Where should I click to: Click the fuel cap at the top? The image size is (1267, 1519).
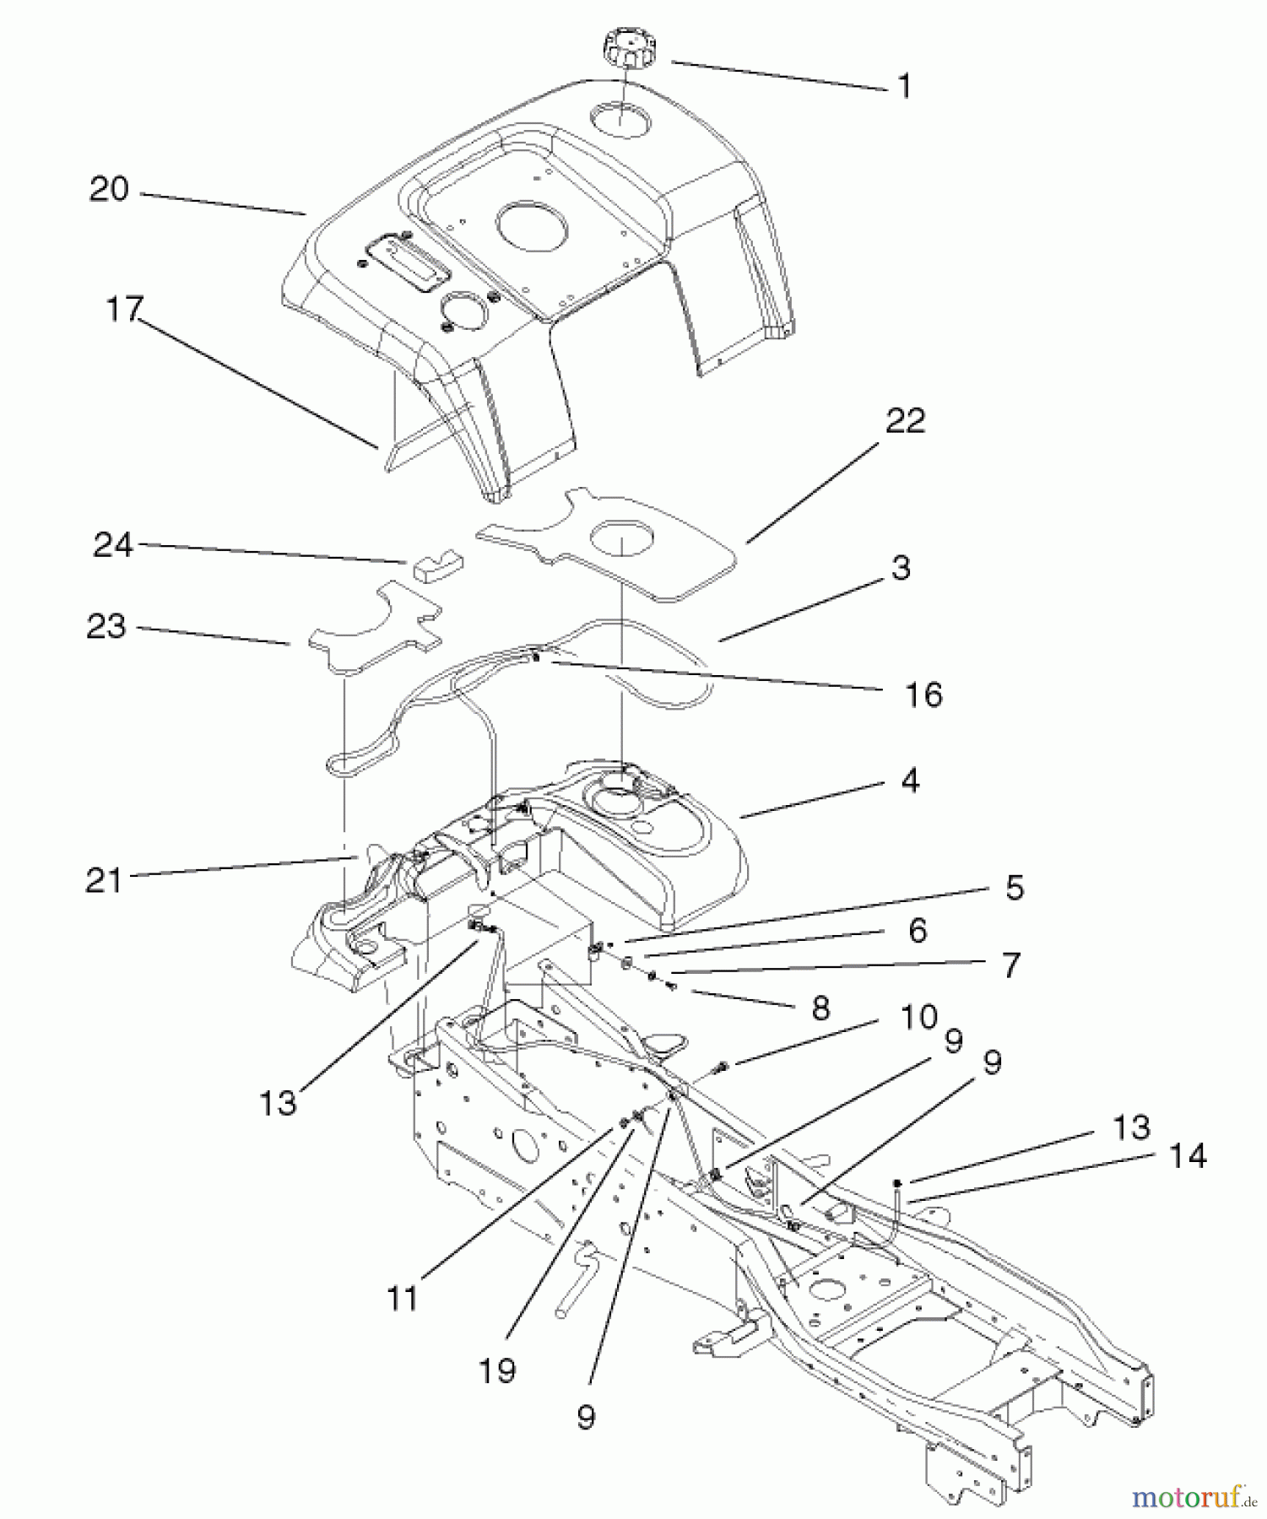[x=626, y=51]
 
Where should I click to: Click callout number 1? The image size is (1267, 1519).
[x=904, y=86]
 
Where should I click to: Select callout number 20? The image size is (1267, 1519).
[x=109, y=189]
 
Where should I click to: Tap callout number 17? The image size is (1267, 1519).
[x=125, y=309]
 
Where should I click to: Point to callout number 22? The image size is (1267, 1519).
[x=905, y=420]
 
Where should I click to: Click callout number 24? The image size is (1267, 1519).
[x=113, y=545]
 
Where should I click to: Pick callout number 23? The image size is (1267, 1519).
[x=106, y=626]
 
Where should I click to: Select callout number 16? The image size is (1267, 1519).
[x=923, y=695]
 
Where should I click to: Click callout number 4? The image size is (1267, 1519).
[x=910, y=781]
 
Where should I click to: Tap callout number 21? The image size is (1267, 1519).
[x=104, y=880]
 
